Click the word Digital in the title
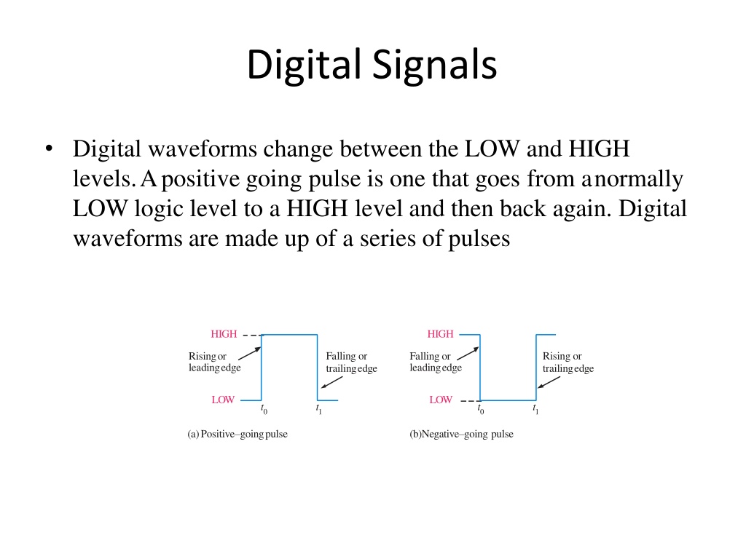(x=304, y=66)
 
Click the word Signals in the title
(x=434, y=64)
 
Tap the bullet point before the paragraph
(x=49, y=148)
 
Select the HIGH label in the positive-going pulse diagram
(x=224, y=334)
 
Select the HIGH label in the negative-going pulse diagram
(x=440, y=334)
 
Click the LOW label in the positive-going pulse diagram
(x=223, y=400)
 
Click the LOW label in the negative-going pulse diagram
(x=441, y=400)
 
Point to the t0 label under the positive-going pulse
(x=264, y=409)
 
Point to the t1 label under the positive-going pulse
(x=319, y=409)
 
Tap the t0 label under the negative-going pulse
(x=481, y=409)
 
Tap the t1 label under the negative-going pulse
(x=535, y=409)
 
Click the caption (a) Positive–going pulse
(x=237, y=434)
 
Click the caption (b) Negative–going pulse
(x=461, y=434)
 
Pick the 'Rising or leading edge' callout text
(x=215, y=362)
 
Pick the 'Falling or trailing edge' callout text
(x=352, y=362)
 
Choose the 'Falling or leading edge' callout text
(x=436, y=362)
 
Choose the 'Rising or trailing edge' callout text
(x=568, y=362)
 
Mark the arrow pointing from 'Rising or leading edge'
(x=249, y=354)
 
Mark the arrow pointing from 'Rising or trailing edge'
(x=549, y=382)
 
